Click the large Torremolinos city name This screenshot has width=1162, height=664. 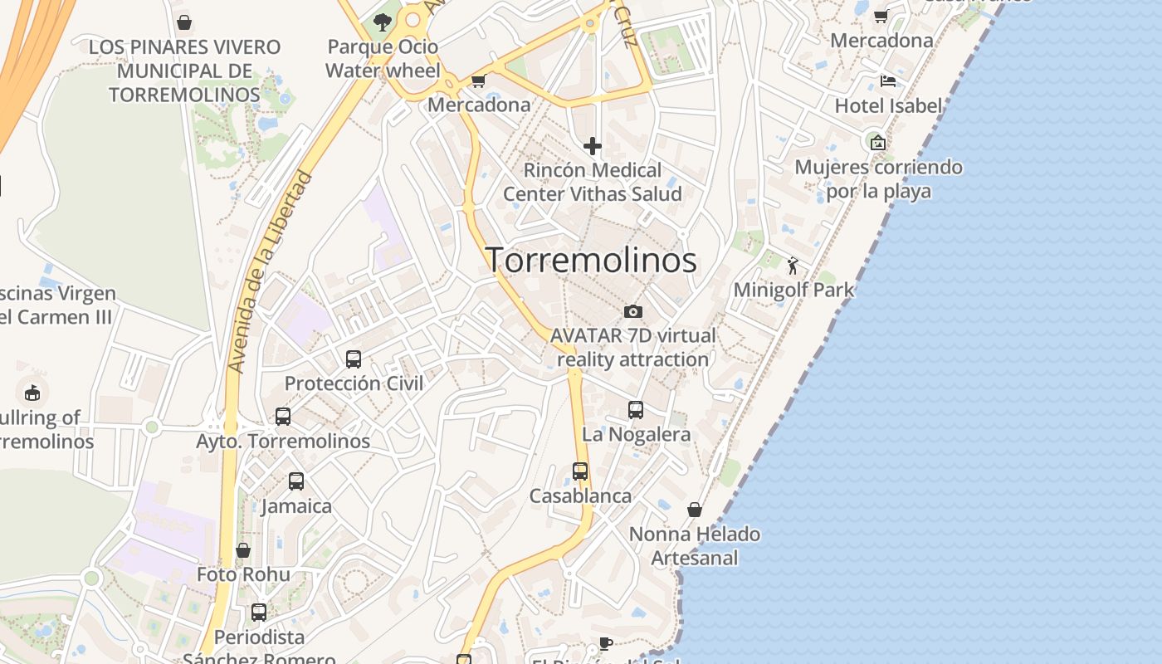[591, 261]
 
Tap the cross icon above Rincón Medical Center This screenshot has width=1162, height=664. [592, 147]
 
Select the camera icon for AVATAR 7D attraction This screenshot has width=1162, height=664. [633, 311]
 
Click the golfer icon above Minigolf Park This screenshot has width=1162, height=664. [793, 266]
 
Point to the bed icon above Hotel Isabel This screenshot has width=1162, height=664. [887, 81]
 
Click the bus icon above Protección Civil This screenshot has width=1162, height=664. [354, 359]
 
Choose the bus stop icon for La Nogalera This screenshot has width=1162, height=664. [636, 410]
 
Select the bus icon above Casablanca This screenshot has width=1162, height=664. [580, 471]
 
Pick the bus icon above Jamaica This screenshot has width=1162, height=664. [296, 481]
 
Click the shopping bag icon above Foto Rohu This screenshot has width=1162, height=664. [243, 550]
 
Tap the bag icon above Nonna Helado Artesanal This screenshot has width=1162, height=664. [695, 510]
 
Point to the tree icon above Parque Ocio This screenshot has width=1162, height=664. [382, 22]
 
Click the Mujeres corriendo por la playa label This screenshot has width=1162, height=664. [878, 179]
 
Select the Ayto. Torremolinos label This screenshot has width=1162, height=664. [283, 441]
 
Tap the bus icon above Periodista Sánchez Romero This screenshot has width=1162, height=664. [259, 613]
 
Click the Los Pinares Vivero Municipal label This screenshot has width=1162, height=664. [184, 71]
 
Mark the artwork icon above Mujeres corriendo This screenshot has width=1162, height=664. [878, 143]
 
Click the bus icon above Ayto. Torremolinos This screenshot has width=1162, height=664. [283, 417]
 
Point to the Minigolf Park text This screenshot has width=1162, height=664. [793, 290]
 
